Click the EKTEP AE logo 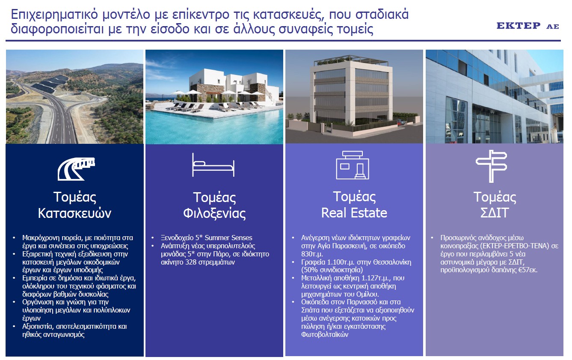[x=528, y=26]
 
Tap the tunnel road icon [x=76, y=169]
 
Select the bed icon [x=213, y=165]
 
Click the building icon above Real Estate [x=353, y=165]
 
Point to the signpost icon [x=491, y=166]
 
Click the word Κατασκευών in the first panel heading [x=74, y=213]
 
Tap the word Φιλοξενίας [x=214, y=213]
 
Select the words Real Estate [x=354, y=213]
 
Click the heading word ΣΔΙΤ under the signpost [x=495, y=213]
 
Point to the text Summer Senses [x=228, y=238]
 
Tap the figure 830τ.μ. [x=312, y=254]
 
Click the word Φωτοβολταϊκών [x=325, y=334]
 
